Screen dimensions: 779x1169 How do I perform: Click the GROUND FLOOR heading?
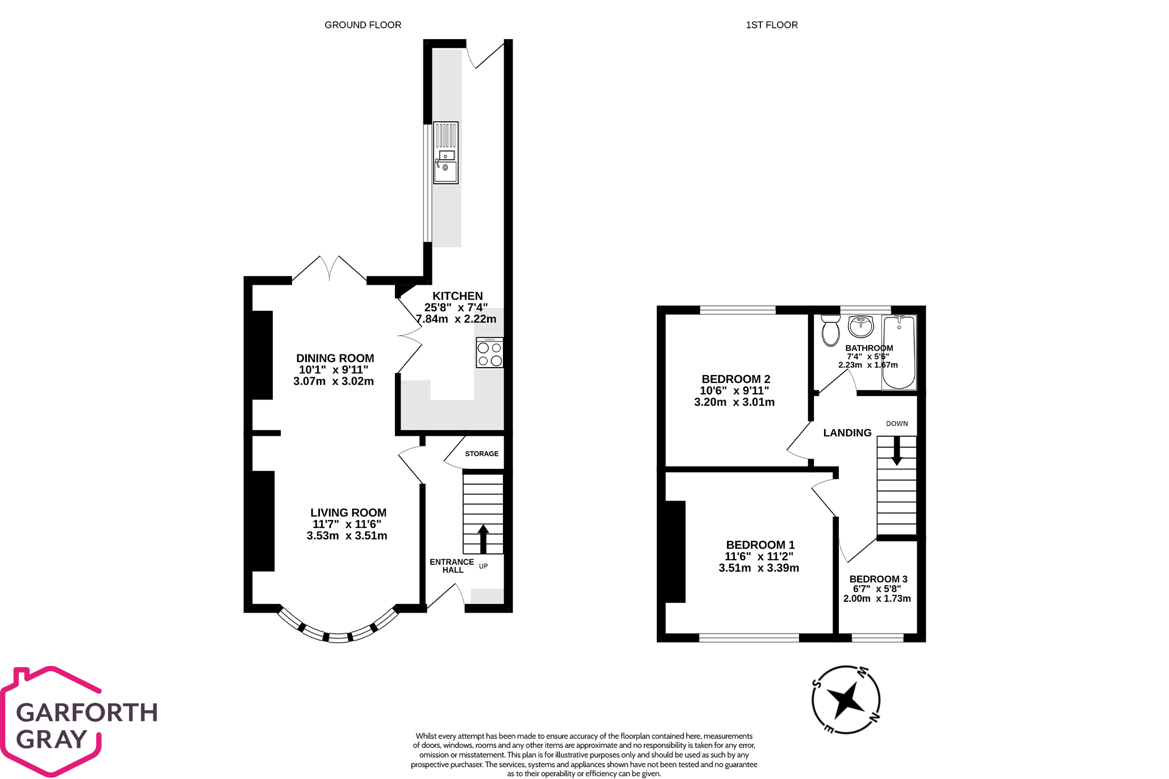pyautogui.click(x=363, y=25)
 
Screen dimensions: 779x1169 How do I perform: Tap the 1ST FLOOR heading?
pyautogui.click(x=771, y=25)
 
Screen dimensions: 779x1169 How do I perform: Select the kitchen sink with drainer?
pyautogui.click(x=446, y=153)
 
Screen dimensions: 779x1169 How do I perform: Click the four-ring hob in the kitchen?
pyautogui.click(x=489, y=353)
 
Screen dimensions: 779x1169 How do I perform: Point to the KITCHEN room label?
pyautogui.click(x=457, y=296)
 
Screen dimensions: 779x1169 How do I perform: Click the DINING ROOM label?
pyautogui.click(x=335, y=359)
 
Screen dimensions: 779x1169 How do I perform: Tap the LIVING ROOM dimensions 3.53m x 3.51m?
pyautogui.click(x=347, y=536)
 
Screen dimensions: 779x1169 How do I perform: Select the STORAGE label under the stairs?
pyautogui.click(x=481, y=454)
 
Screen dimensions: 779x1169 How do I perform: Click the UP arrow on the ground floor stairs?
pyautogui.click(x=483, y=539)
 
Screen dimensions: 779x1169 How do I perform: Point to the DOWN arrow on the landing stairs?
pyautogui.click(x=896, y=451)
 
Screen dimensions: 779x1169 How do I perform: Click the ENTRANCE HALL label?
pyautogui.click(x=452, y=566)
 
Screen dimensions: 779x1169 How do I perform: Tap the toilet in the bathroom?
pyautogui.click(x=830, y=330)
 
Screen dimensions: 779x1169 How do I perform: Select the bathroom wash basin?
pyautogui.click(x=860, y=326)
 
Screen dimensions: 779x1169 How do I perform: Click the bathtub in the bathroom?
pyautogui.click(x=899, y=352)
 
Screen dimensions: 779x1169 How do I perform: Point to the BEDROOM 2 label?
pyautogui.click(x=735, y=379)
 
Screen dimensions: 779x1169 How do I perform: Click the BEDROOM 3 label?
pyautogui.click(x=878, y=579)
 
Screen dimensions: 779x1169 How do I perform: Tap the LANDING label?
pyautogui.click(x=847, y=433)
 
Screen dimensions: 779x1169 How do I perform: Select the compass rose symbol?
pyautogui.click(x=846, y=699)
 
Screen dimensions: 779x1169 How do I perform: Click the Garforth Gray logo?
pyautogui.click(x=80, y=722)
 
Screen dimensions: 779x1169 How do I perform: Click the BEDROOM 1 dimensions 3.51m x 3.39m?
pyautogui.click(x=759, y=568)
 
